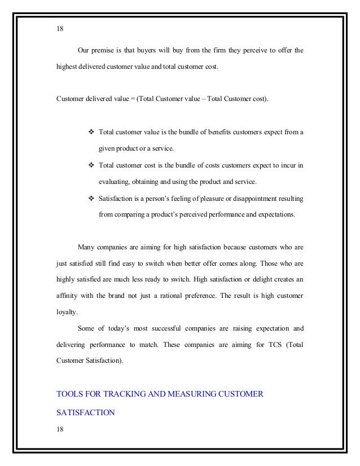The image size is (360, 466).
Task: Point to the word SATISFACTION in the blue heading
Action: coord(86,412)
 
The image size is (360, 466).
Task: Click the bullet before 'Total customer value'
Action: coord(93,133)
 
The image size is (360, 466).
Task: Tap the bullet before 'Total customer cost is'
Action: coord(93,165)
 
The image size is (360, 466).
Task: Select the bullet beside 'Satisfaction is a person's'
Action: coord(93,198)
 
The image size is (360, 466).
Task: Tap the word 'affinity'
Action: coord(68,294)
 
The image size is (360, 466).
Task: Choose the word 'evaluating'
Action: coord(114,182)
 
